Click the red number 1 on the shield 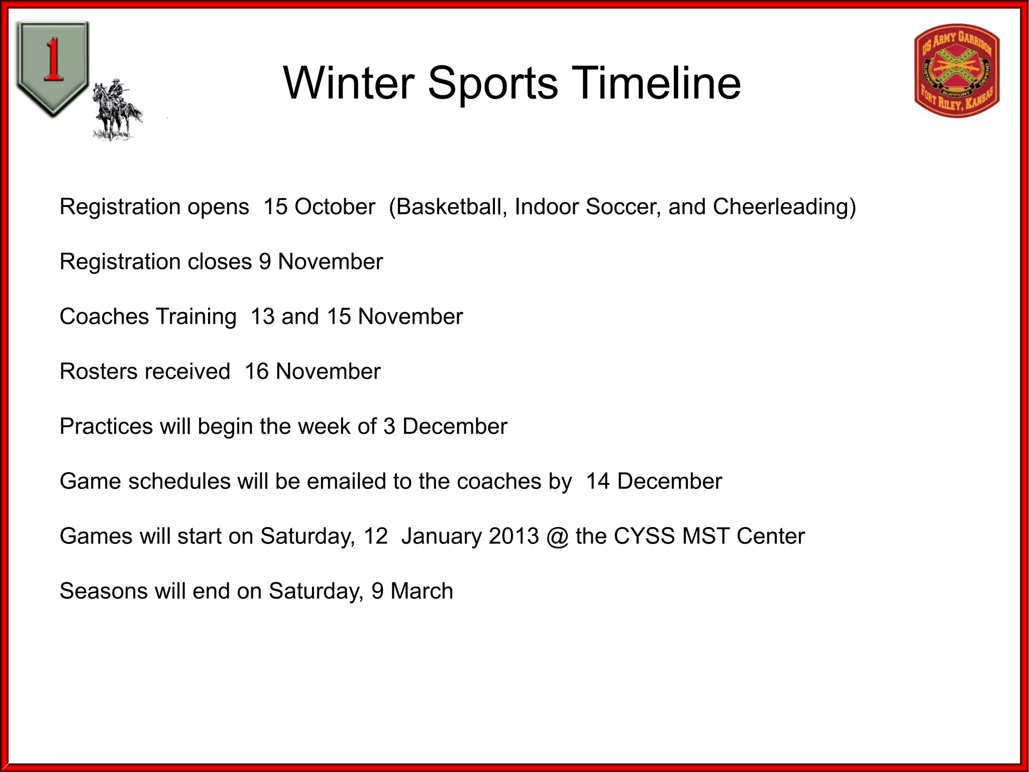pyautogui.click(x=53, y=60)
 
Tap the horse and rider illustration pyautogui.click(x=117, y=111)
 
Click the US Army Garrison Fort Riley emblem pyautogui.click(x=957, y=70)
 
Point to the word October pyautogui.click(x=335, y=207)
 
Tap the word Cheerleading pyautogui.click(x=784, y=207)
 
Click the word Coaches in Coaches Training pyautogui.click(x=104, y=317)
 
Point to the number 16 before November pyautogui.click(x=257, y=372)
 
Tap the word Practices pyautogui.click(x=106, y=427)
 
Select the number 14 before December pyautogui.click(x=598, y=481)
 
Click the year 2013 pyautogui.click(x=513, y=536)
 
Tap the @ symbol pyautogui.click(x=557, y=536)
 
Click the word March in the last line pyautogui.click(x=422, y=591)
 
